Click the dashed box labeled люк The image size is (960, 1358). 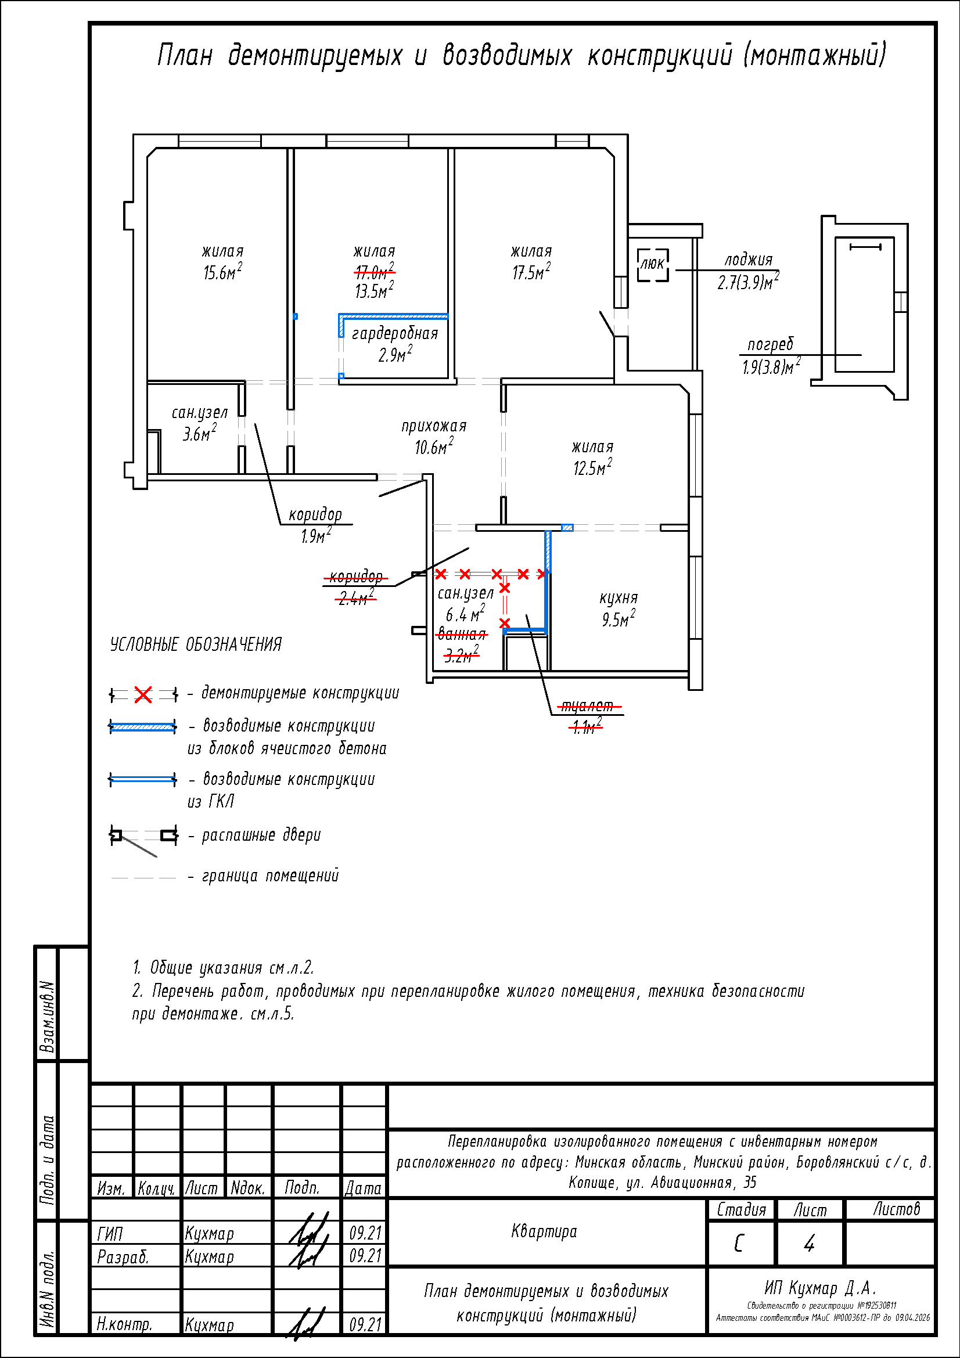652,264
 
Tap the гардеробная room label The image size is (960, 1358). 394,334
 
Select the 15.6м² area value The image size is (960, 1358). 222,272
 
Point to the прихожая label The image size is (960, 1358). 434,426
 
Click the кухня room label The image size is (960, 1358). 618,597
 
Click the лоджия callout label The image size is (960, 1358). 748,260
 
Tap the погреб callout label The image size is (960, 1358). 770,344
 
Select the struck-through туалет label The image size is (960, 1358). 587,705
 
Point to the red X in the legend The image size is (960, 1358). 142,694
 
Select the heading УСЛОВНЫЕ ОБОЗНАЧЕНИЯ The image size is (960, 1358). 196,644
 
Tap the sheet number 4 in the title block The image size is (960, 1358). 808,1243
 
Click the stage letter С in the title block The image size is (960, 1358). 738,1243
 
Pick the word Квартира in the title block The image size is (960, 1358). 544,1231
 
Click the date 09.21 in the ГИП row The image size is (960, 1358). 365,1233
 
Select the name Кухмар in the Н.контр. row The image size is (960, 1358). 210,1325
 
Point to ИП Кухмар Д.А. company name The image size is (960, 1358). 820,1288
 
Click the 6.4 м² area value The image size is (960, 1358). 465,614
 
